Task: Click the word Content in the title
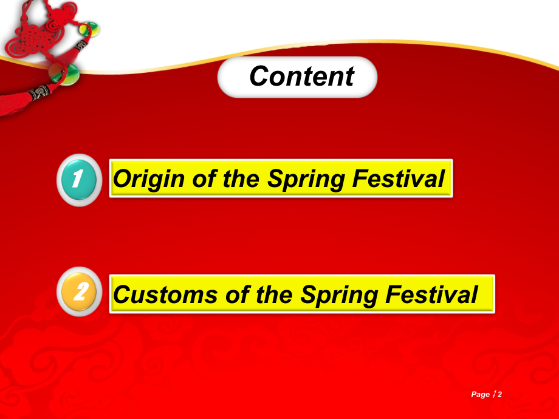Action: tap(301, 77)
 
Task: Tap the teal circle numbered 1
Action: tap(78, 179)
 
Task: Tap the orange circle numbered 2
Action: tap(79, 293)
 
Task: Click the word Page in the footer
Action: tap(481, 395)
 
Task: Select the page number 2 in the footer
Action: tap(500, 395)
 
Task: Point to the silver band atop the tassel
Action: tap(38, 93)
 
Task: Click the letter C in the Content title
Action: tap(259, 77)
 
